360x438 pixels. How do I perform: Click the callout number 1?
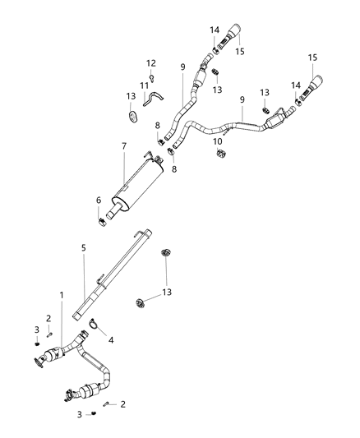tap(61, 294)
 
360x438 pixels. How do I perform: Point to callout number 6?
tap(98, 200)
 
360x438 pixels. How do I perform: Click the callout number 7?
tap(122, 145)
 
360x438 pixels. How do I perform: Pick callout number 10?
tap(219, 141)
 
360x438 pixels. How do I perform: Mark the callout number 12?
tap(151, 62)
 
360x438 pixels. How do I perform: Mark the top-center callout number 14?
tap(215, 30)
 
